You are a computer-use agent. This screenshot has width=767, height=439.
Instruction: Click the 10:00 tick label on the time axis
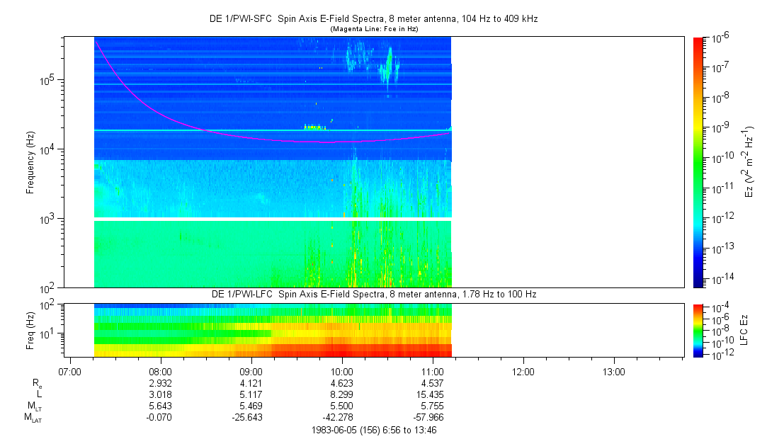[x=342, y=372]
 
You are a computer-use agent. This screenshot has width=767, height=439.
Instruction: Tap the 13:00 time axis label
[x=613, y=372]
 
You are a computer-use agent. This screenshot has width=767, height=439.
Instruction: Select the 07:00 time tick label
[x=71, y=372]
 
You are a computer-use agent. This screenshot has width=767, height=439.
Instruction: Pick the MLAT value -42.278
[x=342, y=418]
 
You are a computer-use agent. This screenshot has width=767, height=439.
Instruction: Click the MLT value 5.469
[x=251, y=406]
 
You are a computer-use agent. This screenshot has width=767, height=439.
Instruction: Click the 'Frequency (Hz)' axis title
[x=30, y=162]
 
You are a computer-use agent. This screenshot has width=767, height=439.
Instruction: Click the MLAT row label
[x=33, y=418]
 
